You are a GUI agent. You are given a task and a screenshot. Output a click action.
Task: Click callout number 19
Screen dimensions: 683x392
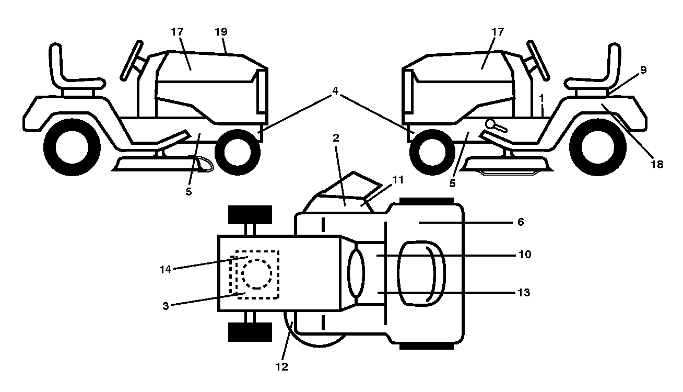point(221,32)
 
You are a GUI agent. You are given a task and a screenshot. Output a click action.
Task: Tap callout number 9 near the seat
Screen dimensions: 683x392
point(643,70)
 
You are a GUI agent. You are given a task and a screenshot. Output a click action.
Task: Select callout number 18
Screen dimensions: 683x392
point(657,165)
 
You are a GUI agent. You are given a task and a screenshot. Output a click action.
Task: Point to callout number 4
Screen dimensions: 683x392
point(335,91)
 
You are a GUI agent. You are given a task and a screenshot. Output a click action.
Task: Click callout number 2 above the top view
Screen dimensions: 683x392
point(336,139)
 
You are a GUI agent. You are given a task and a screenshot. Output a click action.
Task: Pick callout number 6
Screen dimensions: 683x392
point(521,222)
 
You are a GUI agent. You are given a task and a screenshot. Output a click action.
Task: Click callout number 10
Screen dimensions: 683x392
point(525,255)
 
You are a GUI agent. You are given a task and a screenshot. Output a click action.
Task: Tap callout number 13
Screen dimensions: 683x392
point(524,293)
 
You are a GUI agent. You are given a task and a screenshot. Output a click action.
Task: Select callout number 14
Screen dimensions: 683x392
point(166,270)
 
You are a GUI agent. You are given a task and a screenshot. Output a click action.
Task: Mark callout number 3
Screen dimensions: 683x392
point(166,306)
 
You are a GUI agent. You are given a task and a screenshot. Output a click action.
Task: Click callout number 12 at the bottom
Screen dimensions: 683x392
point(282,367)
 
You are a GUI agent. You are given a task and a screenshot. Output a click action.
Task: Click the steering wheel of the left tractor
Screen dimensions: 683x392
point(132,61)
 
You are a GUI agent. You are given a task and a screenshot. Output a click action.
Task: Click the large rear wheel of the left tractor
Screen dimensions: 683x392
point(72,147)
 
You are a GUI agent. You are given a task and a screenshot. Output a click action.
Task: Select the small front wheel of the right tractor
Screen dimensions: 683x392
point(432,152)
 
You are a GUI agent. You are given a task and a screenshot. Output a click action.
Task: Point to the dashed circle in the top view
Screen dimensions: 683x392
point(257,274)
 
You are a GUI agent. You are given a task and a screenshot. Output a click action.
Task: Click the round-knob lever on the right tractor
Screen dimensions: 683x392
point(496,125)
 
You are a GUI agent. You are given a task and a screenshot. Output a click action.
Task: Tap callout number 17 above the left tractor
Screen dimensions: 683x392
point(177,32)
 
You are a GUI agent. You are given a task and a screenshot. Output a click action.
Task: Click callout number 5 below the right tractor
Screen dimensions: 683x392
point(452,183)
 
